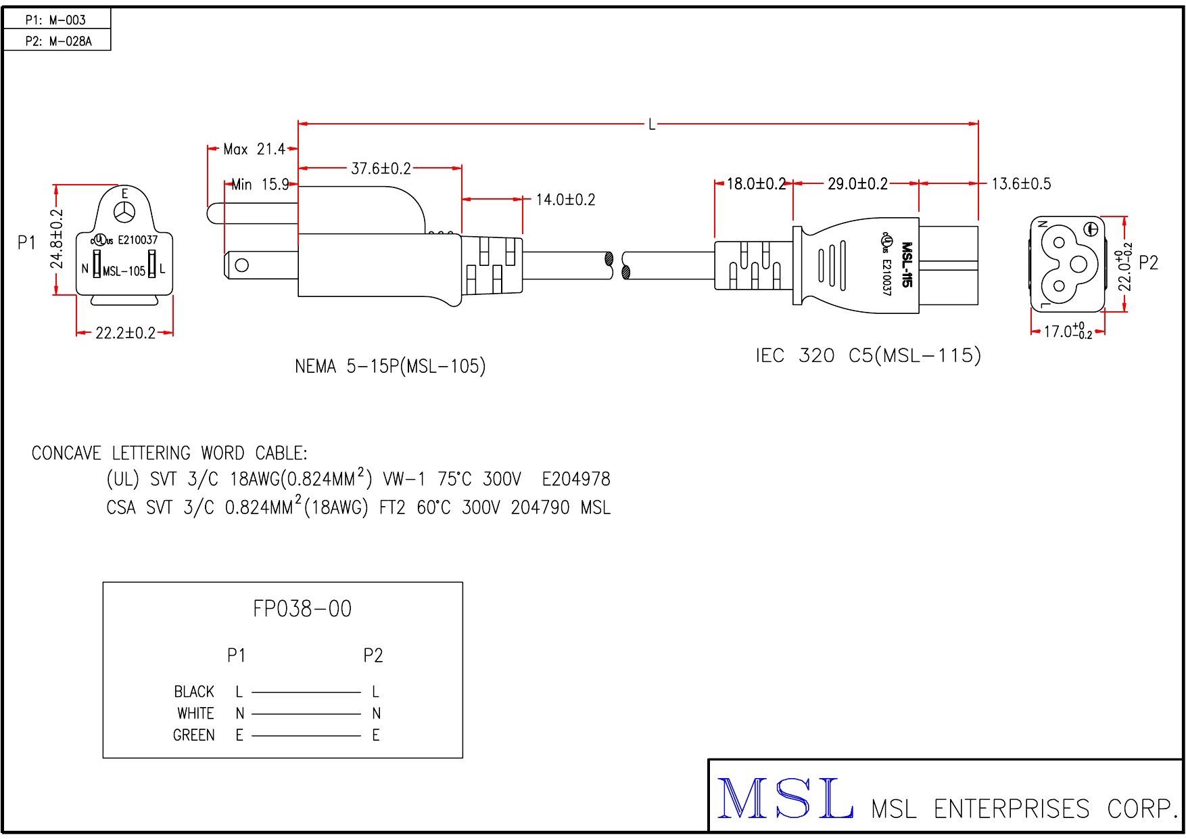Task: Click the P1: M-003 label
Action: (x=55, y=20)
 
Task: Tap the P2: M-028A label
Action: (x=58, y=41)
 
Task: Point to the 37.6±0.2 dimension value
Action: (x=381, y=168)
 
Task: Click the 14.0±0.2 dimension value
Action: (x=565, y=200)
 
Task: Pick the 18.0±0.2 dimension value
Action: (x=755, y=183)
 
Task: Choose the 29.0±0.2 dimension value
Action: (x=857, y=183)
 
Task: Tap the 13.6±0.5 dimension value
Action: (x=1021, y=183)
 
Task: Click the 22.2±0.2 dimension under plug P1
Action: (x=125, y=333)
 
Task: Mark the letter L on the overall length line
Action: (x=652, y=124)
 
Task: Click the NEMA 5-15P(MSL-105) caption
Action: (x=390, y=367)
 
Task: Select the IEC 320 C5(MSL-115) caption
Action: (x=868, y=355)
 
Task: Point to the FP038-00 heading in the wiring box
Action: (x=302, y=609)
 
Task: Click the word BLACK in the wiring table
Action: (x=194, y=691)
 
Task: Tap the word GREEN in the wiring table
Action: (x=194, y=735)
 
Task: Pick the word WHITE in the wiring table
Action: (x=195, y=713)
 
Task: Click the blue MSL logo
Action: (x=784, y=799)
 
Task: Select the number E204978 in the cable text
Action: (x=576, y=480)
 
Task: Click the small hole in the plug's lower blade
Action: (x=241, y=265)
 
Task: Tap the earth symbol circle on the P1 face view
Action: (x=125, y=212)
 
